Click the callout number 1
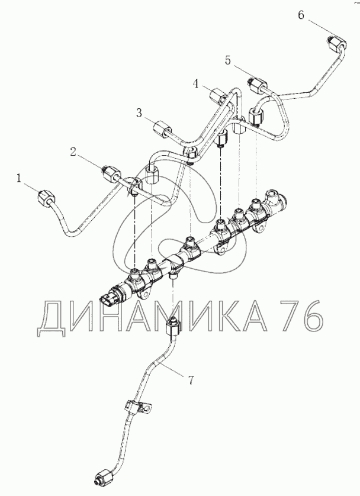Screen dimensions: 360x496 pyautogui.click(x=19, y=179)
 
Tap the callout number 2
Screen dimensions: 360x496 pyautogui.click(x=73, y=152)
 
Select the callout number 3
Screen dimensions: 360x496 pyautogui.click(x=139, y=113)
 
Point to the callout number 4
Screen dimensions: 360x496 pyautogui.click(x=197, y=84)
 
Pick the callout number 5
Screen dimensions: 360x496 pyautogui.click(x=229, y=60)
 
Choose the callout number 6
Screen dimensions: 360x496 pyautogui.click(x=301, y=15)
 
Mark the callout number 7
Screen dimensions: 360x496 pyautogui.click(x=191, y=380)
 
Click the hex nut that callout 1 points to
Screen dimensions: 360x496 pyautogui.click(x=46, y=198)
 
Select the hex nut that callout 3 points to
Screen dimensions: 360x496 pyautogui.click(x=162, y=130)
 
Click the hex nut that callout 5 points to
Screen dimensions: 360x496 pyautogui.click(x=257, y=85)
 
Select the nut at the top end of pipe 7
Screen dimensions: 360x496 pyautogui.click(x=172, y=327)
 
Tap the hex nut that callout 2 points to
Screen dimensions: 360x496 pyautogui.click(x=111, y=173)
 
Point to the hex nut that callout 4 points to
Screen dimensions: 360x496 pyautogui.click(x=218, y=95)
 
